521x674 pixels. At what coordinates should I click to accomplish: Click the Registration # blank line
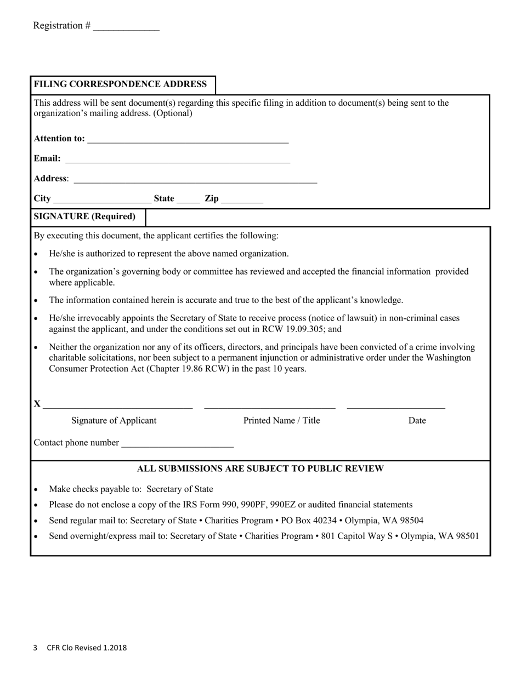pyautogui.click(x=126, y=27)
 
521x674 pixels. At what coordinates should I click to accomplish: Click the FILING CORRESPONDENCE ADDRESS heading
pyautogui.click(x=121, y=84)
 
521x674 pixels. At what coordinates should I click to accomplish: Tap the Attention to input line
pyautogui.click(x=188, y=140)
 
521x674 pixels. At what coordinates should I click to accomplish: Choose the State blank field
pyautogui.click(x=188, y=200)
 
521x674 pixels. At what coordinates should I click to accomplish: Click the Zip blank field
pyautogui.click(x=242, y=200)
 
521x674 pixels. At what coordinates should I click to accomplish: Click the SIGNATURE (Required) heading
pyautogui.click(x=85, y=216)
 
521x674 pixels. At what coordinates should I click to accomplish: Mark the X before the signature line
pyautogui.click(x=37, y=404)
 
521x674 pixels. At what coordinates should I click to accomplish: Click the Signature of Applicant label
pyautogui.click(x=114, y=420)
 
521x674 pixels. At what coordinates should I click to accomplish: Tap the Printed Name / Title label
pyautogui.click(x=281, y=420)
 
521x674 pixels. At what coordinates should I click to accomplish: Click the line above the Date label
pyautogui.click(x=396, y=406)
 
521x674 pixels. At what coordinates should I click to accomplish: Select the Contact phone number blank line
pyautogui.click(x=177, y=444)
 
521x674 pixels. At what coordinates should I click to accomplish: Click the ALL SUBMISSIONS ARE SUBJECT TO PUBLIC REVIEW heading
pyautogui.click(x=260, y=469)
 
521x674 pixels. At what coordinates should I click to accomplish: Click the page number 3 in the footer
pyautogui.click(x=35, y=648)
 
